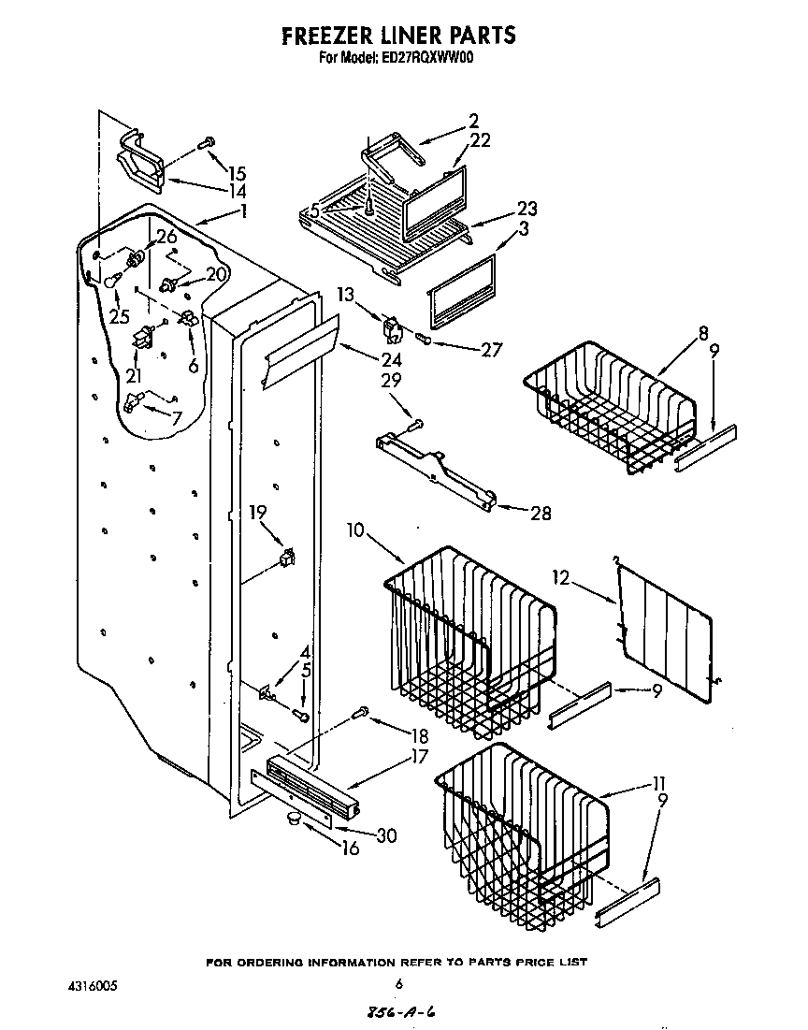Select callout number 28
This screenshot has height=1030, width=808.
coord(540,513)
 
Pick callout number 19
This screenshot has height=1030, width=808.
coord(258,512)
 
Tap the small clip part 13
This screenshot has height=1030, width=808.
coord(391,328)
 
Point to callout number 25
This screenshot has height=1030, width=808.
coord(119,316)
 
